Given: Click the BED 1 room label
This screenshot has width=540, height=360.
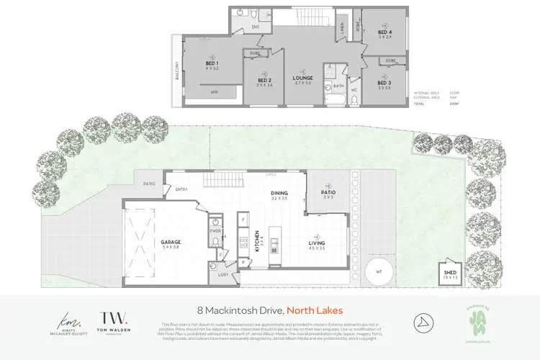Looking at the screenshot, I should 211,64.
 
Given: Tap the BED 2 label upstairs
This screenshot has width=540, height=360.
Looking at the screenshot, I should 265,81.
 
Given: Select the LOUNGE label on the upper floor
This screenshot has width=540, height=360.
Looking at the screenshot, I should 301,78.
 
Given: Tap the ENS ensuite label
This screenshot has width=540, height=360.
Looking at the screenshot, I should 255,27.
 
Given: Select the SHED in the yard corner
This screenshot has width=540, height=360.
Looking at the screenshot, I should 449,274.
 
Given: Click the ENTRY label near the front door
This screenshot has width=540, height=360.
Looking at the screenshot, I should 181,190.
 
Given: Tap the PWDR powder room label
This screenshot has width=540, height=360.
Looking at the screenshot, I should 214,231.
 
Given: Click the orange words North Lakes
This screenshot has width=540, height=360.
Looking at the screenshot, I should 315,310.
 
